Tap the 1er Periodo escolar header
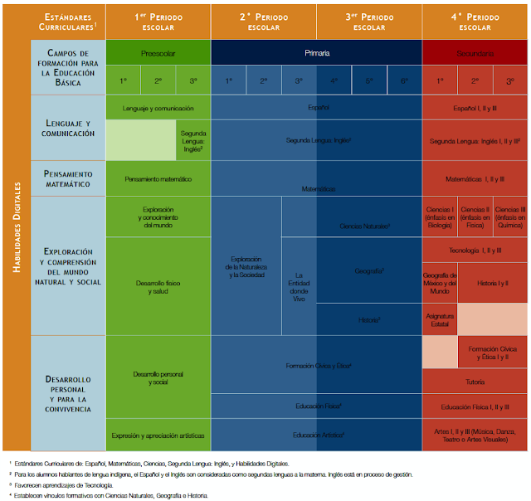click(158, 21)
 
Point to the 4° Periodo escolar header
click(475, 21)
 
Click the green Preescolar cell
click(158, 52)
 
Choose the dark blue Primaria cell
click(316, 52)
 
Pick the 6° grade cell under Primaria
click(403, 80)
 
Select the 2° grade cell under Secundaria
click(475, 80)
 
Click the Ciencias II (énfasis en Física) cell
click(475, 216)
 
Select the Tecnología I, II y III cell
click(475, 250)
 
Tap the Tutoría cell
click(475, 382)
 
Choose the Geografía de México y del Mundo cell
click(440, 283)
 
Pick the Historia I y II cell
click(492, 283)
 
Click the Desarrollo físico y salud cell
click(158, 287)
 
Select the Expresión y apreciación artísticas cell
click(158, 434)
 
